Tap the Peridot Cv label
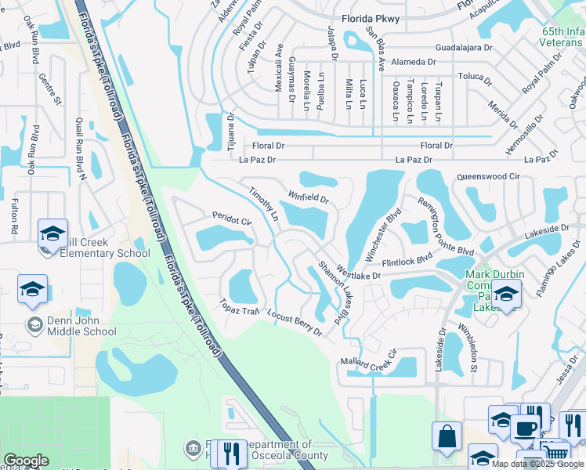pyautogui.click(x=232, y=218)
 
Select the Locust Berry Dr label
pyautogui.click(x=295, y=322)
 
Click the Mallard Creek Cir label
pyautogui.click(x=369, y=362)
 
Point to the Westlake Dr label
pyautogui.click(x=357, y=273)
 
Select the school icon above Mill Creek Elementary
pyautogui.click(x=52, y=233)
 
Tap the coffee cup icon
pyautogui.click(x=525, y=428)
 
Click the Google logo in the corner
pyautogui.click(x=26, y=461)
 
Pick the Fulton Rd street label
pyautogui.click(x=14, y=218)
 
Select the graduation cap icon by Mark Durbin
pyautogui.click(x=507, y=295)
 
